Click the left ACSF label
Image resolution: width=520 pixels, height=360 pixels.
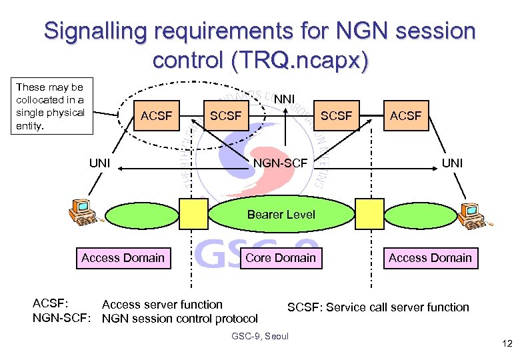(x=156, y=116)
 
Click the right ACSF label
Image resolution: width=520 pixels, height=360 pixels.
(x=405, y=116)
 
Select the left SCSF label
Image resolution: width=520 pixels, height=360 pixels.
(x=225, y=116)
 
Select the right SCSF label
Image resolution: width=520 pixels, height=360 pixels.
(x=336, y=116)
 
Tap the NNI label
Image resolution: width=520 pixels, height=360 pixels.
(x=285, y=99)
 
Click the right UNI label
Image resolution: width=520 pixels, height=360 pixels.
(x=452, y=163)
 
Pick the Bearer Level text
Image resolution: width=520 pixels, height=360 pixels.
(x=281, y=214)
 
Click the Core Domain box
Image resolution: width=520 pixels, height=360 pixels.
(x=281, y=257)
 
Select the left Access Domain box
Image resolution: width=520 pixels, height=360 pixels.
(x=123, y=257)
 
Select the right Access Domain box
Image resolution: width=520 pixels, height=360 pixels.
(x=430, y=257)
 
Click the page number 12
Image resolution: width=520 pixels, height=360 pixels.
(x=506, y=344)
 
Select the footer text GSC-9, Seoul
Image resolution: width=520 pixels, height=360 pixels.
(x=259, y=336)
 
